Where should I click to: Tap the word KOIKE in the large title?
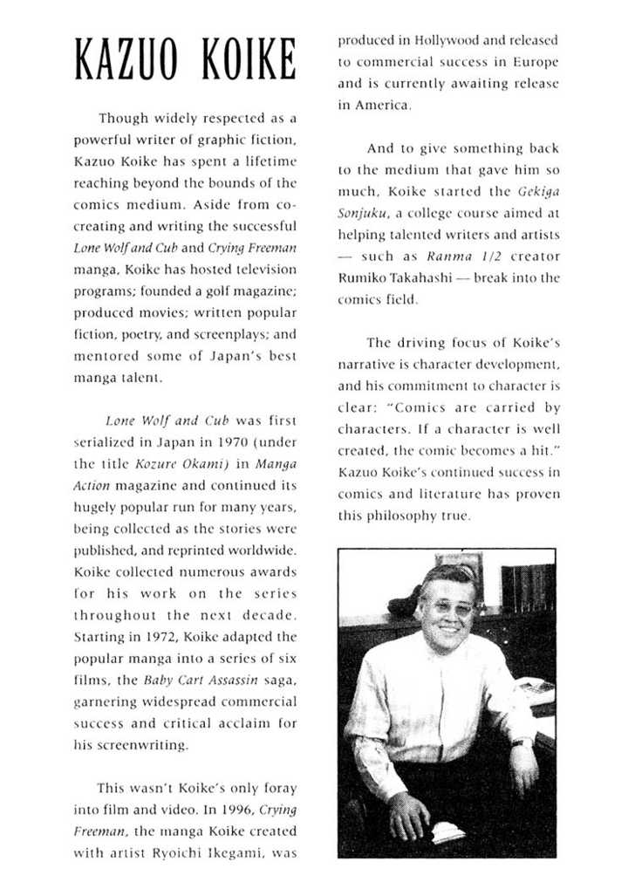pyautogui.click(x=246, y=60)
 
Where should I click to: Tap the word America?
pyautogui.click(x=379, y=105)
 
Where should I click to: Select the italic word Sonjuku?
pyautogui.click(x=361, y=213)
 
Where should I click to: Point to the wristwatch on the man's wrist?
pyautogui.click(x=522, y=742)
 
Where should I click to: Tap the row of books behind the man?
pyautogui.click(x=529, y=587)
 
